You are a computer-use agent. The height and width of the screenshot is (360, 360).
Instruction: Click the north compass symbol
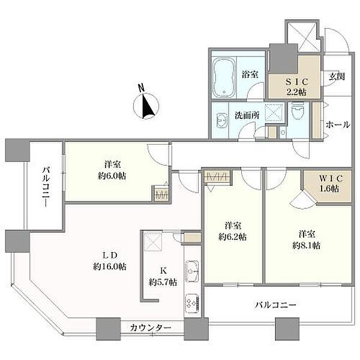[x=146, y=106]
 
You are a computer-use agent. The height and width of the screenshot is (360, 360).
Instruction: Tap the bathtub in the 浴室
[x=224, y=77]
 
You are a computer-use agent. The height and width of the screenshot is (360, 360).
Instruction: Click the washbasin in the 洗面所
[x=222, y=120]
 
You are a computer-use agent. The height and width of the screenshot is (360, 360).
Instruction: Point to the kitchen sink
[x=192, y=271]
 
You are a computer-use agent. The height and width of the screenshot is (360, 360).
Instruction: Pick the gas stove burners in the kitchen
[x=192, y=303]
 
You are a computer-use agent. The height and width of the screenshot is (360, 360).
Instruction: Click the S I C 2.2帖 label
[x=296, y=87]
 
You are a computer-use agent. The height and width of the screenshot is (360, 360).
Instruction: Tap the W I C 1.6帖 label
[x=329, y=184]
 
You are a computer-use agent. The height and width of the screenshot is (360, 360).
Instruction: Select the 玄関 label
[x=337, y=77]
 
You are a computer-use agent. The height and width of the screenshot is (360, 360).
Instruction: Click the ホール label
[x=338, y=125]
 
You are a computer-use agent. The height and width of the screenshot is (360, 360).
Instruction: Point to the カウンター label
[x=151, y=328]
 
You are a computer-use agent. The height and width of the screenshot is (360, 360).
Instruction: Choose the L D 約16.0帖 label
[x=110, y=261]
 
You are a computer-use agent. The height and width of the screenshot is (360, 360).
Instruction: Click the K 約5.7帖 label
[x=163, y=277]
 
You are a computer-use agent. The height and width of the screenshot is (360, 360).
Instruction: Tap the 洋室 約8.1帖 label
[x=307, y=240]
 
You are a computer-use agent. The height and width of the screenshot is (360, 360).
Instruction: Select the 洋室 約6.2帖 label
[x=233, y=231]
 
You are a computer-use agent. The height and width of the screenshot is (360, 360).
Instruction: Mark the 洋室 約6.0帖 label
[x=112, y=170]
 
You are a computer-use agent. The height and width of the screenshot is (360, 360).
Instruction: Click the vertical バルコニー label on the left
[x=46, y=187]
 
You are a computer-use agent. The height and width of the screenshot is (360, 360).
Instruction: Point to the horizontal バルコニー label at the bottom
[x=276, y=305]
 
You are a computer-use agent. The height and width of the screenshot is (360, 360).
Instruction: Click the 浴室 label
[x=250, y=74]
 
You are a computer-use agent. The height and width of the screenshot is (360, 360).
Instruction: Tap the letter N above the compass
[x=142, y=88]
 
